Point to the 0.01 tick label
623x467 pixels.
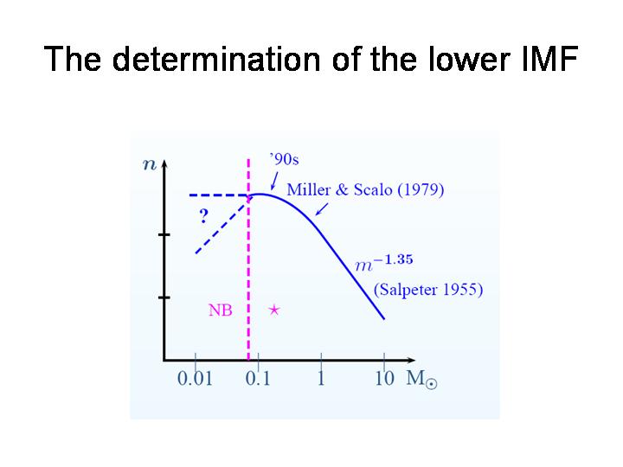pos(195,379)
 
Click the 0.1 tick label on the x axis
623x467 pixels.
pos(257,379)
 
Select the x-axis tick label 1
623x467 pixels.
pos(320,379)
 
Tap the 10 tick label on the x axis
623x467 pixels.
pos(384,379)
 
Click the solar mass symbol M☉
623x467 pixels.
pos(419,380)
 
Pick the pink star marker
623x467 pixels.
pos(273,309)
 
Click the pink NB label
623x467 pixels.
pos(221,310)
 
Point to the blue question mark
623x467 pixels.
pos(203,216)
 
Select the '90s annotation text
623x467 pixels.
pos(284,159)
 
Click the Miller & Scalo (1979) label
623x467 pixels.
pos(364,189)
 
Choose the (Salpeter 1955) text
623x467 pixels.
pos(428,290)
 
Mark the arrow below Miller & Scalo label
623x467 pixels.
pos(322,210)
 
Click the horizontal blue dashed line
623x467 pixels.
pos(217,195)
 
